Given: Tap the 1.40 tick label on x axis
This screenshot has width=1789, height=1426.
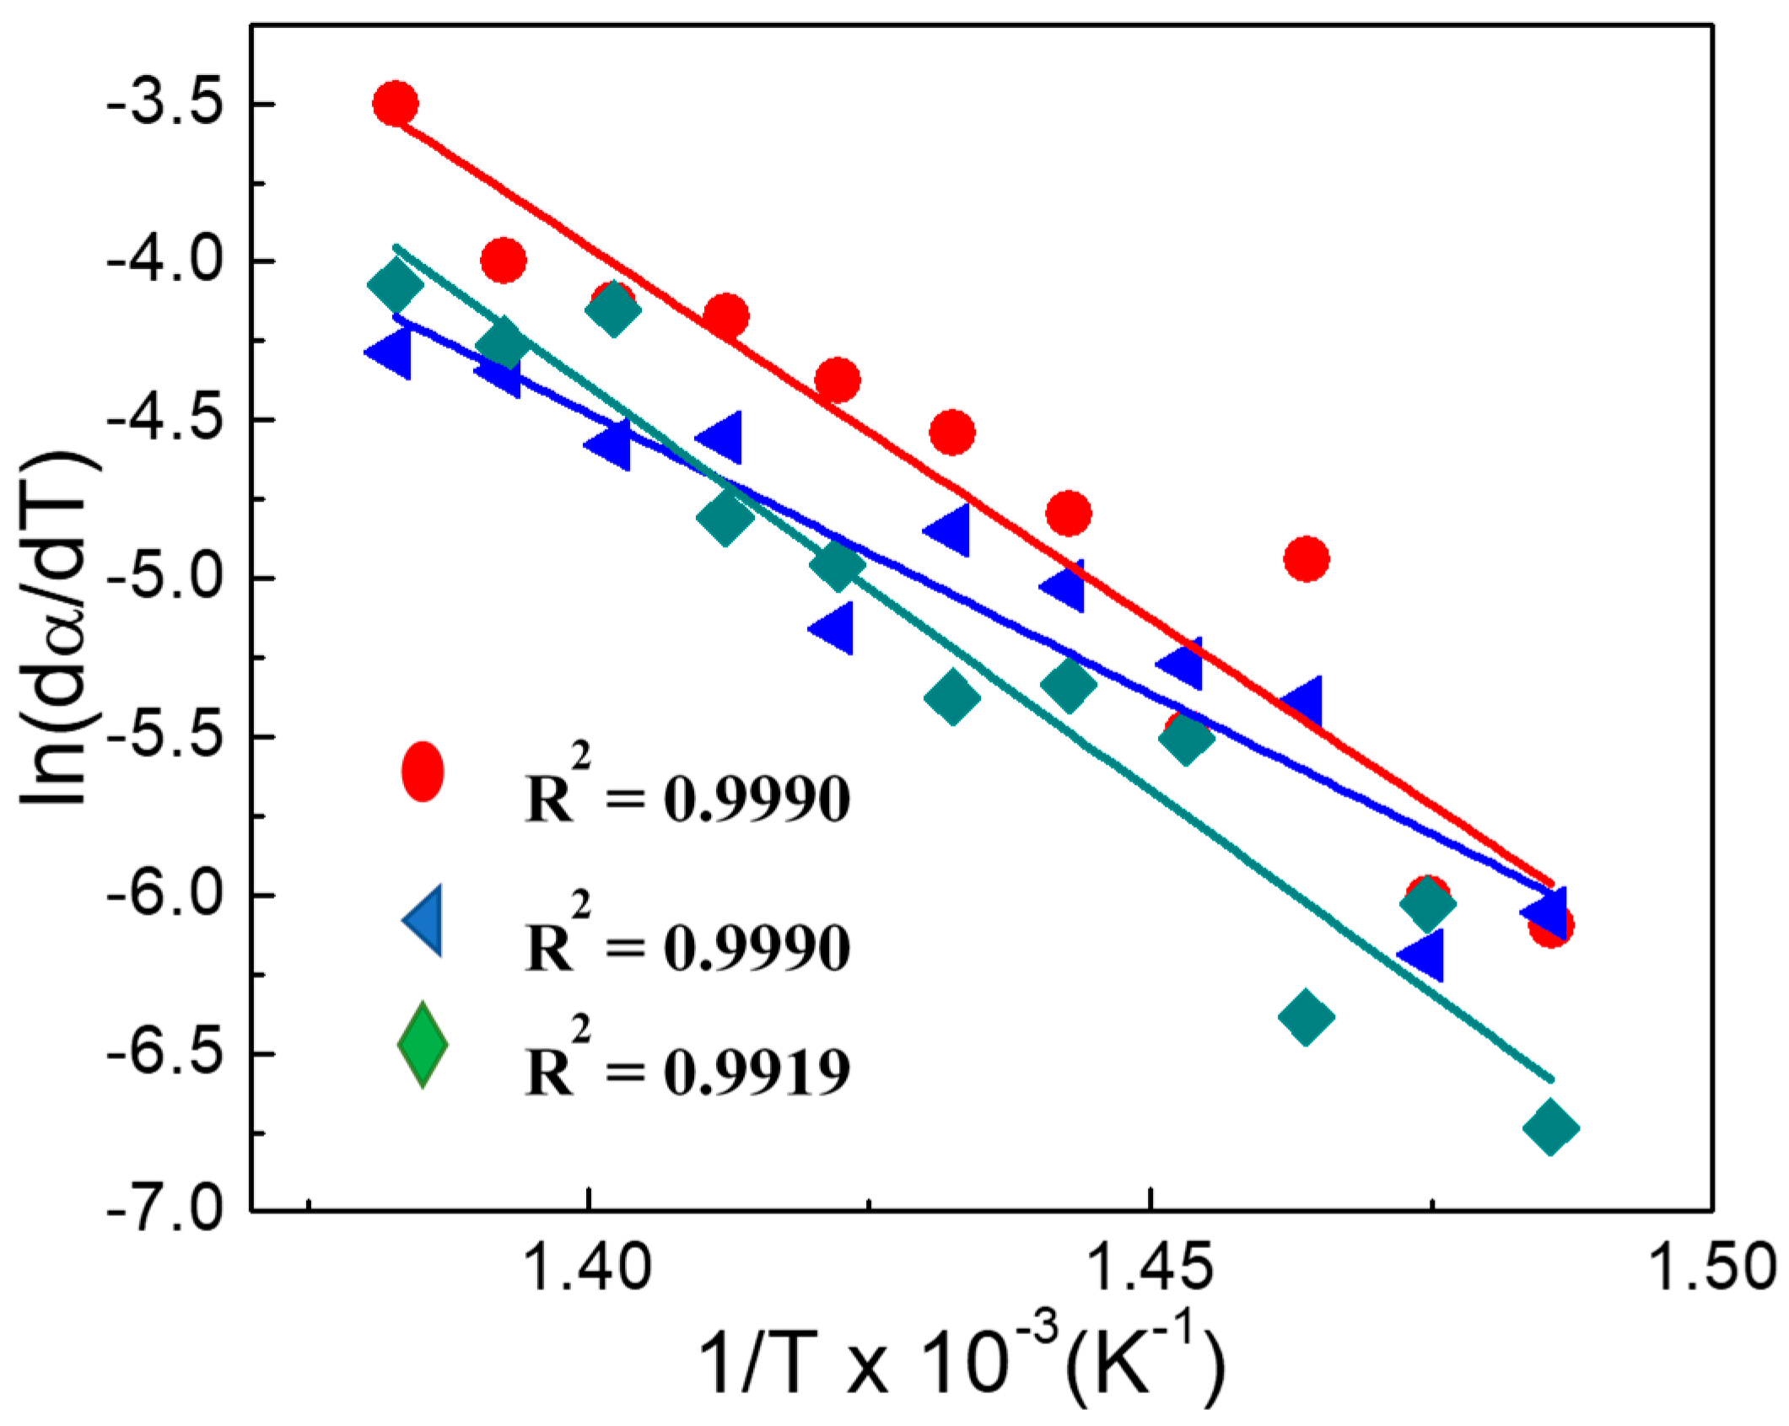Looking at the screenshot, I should coord(588,1267).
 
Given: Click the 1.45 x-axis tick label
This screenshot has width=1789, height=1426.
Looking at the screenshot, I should coord(1151,1267).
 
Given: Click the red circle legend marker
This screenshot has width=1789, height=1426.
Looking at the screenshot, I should coord(422,771).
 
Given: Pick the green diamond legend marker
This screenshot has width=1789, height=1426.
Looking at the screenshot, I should coord(422,1044).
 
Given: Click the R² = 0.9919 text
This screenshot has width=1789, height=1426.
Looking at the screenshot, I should coord(687,1069).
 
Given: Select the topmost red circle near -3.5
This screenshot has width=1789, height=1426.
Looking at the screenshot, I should coord(395,104).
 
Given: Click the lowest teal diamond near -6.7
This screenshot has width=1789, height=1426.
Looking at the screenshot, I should coord(1550,1127).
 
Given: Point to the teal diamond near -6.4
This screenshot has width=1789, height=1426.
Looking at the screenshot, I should coord(1306,1016).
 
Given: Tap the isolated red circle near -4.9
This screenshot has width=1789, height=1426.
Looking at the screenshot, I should coord(1306,558).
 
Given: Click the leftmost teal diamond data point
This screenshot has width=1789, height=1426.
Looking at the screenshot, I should coord(395,285).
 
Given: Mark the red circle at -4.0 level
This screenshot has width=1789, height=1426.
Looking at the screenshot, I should coord(503,260).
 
